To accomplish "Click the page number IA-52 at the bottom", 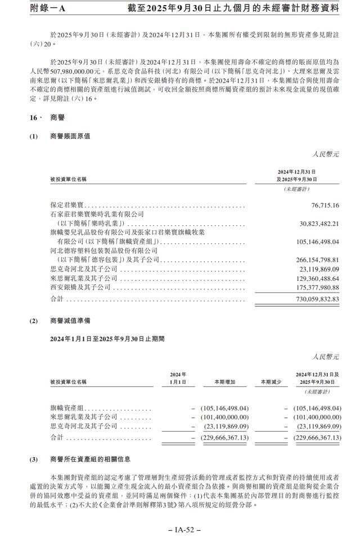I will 180,529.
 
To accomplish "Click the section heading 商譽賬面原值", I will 70,136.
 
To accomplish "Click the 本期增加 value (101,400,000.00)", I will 224,417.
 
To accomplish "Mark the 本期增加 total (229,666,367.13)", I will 224,437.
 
